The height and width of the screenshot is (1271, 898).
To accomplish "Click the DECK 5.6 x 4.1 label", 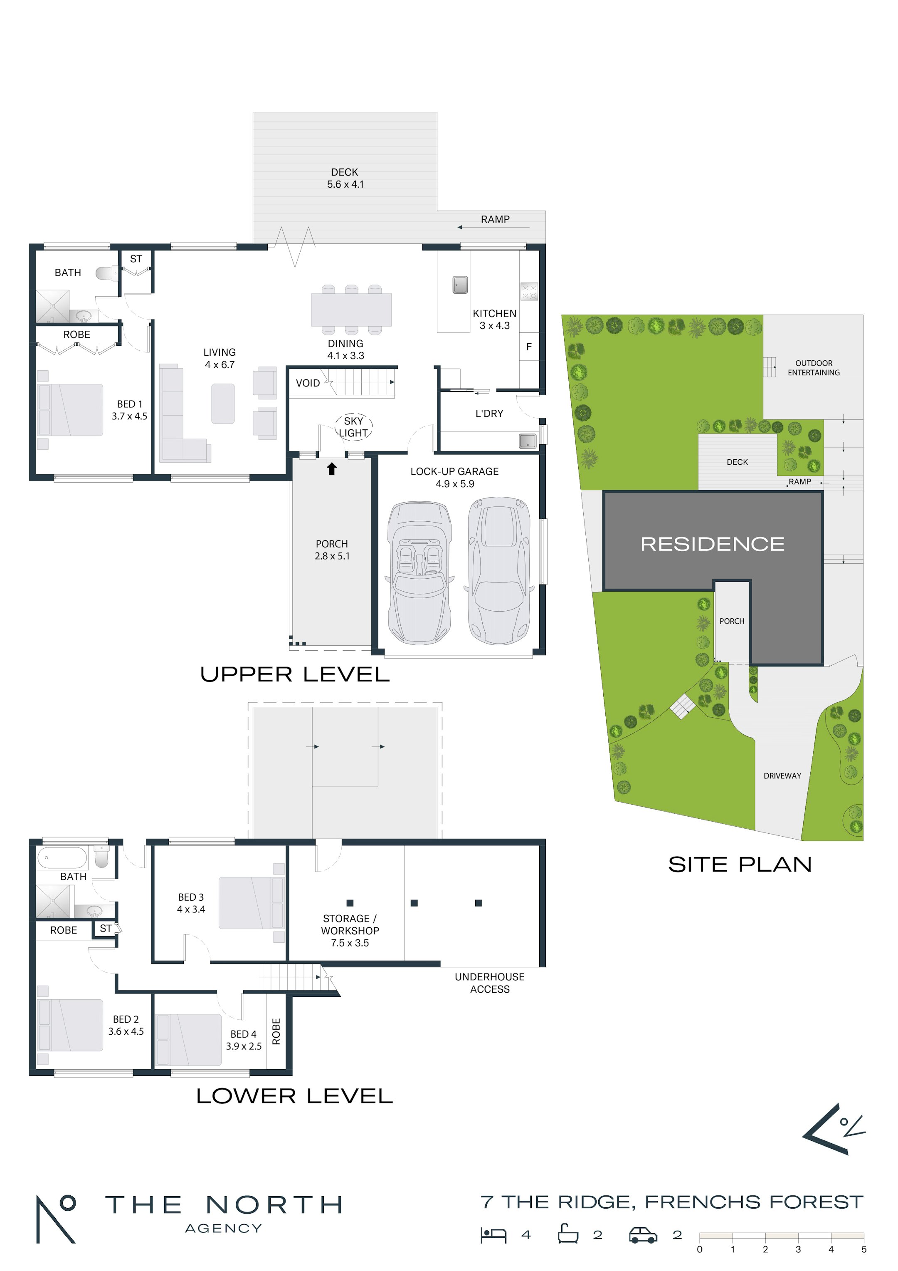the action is click(345, 178).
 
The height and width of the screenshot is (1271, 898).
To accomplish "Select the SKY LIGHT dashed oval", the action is click(353, 427).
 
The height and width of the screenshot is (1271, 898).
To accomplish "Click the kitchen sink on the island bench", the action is click(460, 285).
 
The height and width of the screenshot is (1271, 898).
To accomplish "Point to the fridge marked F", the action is click(529, 347).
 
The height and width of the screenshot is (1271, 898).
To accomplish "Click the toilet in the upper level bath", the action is click(106, 273).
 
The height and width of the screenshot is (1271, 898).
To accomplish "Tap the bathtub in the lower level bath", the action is click(62, 858).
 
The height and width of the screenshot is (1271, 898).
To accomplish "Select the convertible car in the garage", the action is click(419, 573).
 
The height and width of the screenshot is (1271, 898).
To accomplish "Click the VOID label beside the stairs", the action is click(308, 383).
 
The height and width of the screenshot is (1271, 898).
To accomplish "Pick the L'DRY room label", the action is click(489, 414).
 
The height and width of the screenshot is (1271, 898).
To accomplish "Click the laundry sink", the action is click(527, 441).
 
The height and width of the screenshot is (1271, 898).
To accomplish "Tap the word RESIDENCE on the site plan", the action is click(712, 544).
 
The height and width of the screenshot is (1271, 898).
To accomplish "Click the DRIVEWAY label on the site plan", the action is click(782, 775).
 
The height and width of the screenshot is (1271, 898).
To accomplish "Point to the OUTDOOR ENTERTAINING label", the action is click(813, 368).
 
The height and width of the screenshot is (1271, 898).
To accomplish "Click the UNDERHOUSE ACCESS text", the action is click(490, 983).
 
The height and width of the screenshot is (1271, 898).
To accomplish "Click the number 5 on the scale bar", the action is click(863, 1249).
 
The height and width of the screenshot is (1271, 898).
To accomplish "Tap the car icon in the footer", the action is click(643, 1235).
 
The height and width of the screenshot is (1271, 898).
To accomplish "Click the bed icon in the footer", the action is click(493, 1236).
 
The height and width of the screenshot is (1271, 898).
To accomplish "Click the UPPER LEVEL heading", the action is click(295, 674).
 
